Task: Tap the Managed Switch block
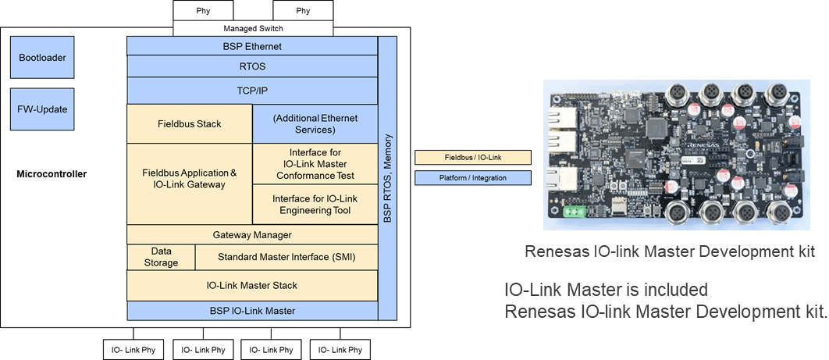[x=252, y=29]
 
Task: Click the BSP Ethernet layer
[x=251, y=47]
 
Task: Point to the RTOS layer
[x=251, y=67]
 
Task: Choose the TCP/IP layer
[x=251, y=91]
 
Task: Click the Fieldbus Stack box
[x=189, y=123]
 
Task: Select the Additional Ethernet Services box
[x=315, y=123]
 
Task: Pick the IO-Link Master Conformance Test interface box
[x=315, y=164]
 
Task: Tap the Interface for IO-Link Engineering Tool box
[x=315, y=205]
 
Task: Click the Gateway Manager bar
[x=251, y=234]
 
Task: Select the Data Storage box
[x=160, y=257]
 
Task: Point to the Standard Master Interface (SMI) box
[x=286, y=257]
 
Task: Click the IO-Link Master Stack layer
[x=251, y=285]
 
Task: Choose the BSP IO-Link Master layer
[x=251, y=311]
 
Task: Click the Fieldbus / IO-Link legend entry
[x=472, y=158]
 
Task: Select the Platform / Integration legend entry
[x=472, y=178]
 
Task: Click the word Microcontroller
[x=52, y=173]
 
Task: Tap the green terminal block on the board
[x=575, y=211]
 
